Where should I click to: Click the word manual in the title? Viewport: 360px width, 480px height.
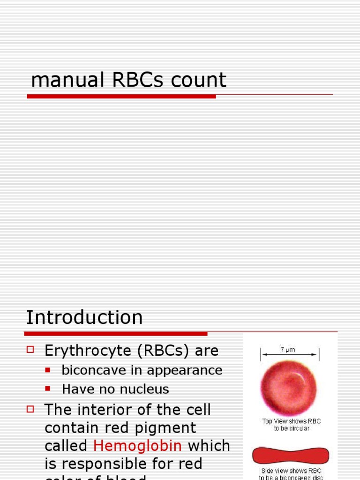(67, 80)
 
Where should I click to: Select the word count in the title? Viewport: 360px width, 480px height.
(199, 80)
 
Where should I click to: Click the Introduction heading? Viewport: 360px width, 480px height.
(84, 317)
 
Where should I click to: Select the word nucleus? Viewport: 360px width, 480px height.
(145, 389)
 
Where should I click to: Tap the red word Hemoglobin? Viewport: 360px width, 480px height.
(138, 445)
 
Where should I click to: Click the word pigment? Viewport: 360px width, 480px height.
(168, 427)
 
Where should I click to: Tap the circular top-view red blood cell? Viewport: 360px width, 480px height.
(288, 387)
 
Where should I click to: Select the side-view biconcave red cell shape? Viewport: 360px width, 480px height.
(291, 455)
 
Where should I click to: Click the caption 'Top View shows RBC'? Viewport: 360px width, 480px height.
(291, 421)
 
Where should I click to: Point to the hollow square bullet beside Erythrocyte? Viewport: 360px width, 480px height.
(31, 349)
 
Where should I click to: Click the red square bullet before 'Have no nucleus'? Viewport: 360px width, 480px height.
(47, 389)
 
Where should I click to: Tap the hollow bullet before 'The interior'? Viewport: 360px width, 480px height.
(31, 409)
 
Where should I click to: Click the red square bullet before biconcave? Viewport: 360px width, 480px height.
(47, 370)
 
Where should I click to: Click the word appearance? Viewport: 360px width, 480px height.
(182, 370)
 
